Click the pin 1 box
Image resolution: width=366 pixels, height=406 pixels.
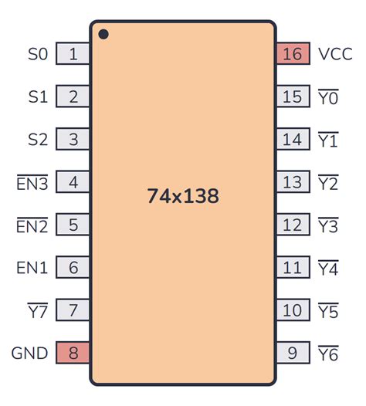pyautogui.click(x=73, y=54)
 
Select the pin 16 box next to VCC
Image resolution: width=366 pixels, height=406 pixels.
pyautogui.click(x=293, y=54)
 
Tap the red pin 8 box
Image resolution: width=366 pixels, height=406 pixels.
pyautogui.click(x=73, y=354)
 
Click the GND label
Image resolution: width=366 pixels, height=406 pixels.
pyautogui.click(x=29, y=354)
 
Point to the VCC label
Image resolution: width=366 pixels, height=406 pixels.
pyautogui.click(x=335, y=54)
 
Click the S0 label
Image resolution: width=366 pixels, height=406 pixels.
pyautogui.click(x=38, y=54)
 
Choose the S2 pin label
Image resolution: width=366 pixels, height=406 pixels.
pyautogui.click(x=38, y=140)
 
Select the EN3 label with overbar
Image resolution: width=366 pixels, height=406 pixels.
pyautogui.click(x=32, y=183)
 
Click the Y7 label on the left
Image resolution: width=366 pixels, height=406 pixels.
pyautogui.click(x=38, y=311)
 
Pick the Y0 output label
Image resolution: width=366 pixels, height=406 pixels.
pyautogui.click(x=328, y=97)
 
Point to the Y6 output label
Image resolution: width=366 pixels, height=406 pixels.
pyautogui.click(x=328, y=354)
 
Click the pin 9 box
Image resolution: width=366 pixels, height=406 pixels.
pyautogui.click(x=293, y=354)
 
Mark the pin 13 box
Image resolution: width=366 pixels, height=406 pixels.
pyautogui.click(x=293, y=183)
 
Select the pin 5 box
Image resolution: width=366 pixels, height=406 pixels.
pyautogui.click(x=73, y=225)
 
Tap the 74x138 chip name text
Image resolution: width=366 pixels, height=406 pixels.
pyautogui.click(x=183, y=196)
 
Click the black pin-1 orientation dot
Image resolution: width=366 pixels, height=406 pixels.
pyautogui.click(x=103, y=35)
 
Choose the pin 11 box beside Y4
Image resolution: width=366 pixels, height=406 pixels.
pyautogui.click(x=293, y=268)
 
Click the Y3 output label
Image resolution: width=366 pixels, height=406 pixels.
pyautogui.click(x=328, y=225)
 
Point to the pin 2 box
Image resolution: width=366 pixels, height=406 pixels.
pyautogui.click(x=73, y=97)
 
